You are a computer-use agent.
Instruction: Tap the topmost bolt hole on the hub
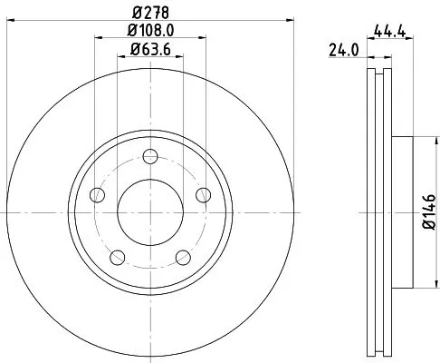pyautogui.click(x=150, y=154)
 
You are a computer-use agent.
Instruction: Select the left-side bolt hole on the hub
pyautogui.click(x=97, y=192)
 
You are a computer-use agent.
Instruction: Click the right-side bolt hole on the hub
pyautogui.click(x=203, y=192)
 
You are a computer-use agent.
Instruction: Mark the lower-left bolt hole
pyautogui.click(x=117, y=256)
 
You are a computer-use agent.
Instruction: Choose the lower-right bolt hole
pyautogui.click(x=183, y=256)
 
